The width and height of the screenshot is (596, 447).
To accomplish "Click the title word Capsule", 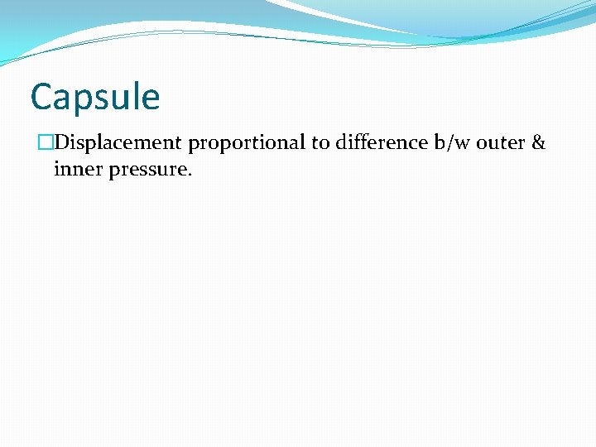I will click(x=94, y=97).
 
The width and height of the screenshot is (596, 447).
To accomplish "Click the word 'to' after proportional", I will click(x=320, y=143).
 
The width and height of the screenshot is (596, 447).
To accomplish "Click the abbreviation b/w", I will click(x=453, y=143).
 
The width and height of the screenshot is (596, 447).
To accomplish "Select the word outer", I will click(x=501, y=143).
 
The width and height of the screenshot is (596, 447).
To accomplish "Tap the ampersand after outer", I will click(x=538, y=143).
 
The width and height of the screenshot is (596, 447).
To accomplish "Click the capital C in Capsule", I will click(x=41, y=97).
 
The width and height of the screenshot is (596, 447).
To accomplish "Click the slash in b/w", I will click(x=452, y=143).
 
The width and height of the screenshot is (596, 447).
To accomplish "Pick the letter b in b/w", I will click(x=440, y=142).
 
